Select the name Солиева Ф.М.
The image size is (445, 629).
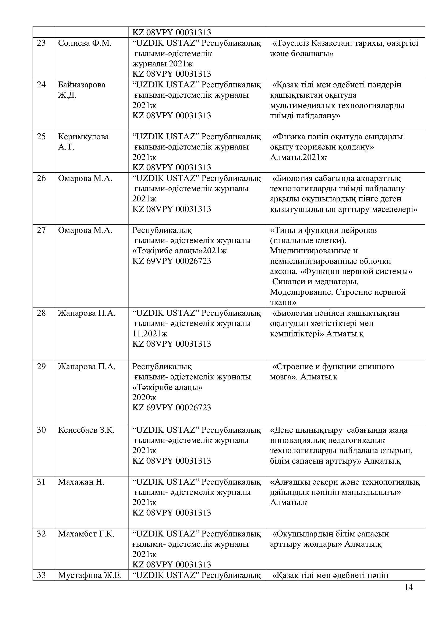(85, 43)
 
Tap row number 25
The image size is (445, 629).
(41, 136)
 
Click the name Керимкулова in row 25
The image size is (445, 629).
(83, 136)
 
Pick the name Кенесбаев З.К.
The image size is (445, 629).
(86, 430)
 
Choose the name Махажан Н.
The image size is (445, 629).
(81, 482)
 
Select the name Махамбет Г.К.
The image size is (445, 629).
(86, 534)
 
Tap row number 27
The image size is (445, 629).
(41, 230)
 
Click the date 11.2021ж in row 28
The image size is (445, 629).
(150, 334)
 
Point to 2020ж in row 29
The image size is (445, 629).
(144, 397)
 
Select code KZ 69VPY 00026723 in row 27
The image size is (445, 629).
(172, 261)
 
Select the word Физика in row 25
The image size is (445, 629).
(288, 136)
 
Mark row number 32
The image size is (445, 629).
(41, 534)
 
